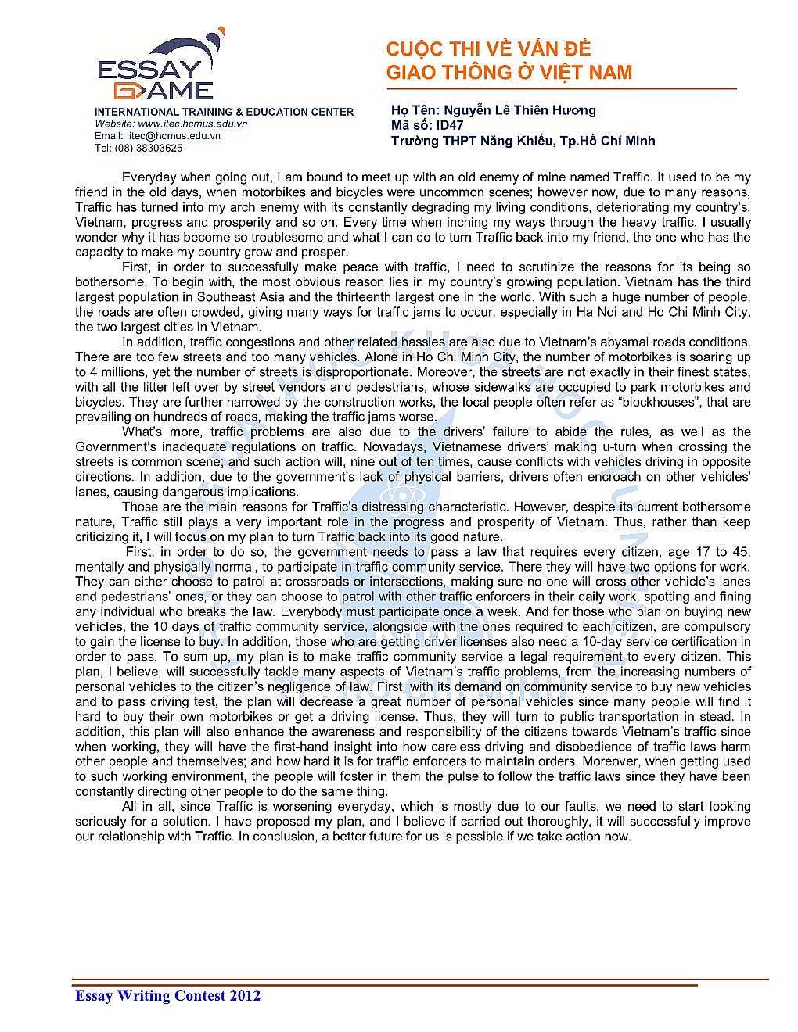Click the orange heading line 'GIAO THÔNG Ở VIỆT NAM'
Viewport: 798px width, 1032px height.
pos(509,73)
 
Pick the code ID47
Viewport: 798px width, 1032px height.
pos(450,125)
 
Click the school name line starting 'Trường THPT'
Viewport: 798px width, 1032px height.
pos(523,141)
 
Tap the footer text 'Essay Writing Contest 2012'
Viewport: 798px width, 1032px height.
pos(167,995)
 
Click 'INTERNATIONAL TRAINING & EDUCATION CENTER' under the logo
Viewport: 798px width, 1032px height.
pos(224,112)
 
